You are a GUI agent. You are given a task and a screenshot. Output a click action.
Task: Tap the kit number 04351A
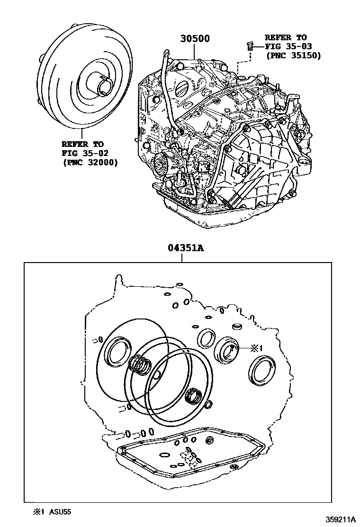click(x=185, y=248)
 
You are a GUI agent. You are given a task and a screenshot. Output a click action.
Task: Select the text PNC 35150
click(x=293, y=55)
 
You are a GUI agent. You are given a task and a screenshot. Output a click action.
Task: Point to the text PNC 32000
click(x=90, y=163)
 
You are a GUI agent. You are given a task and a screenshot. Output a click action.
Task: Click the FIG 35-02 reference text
click(x=82, y=153)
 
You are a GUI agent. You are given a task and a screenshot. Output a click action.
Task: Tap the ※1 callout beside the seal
click(x=256, y=348)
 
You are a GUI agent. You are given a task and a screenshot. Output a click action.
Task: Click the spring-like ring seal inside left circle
click(x=141, y=365)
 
